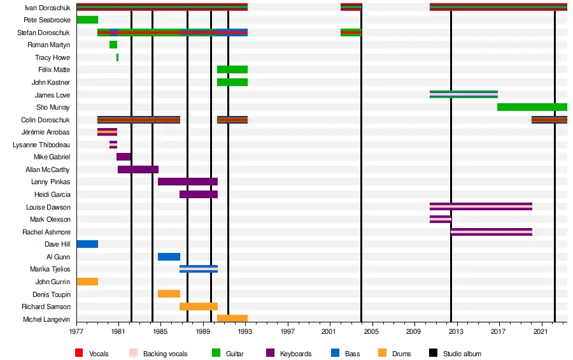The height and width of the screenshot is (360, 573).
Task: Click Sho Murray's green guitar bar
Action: click(532, 107)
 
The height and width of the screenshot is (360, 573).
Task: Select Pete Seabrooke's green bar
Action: click(87, 20)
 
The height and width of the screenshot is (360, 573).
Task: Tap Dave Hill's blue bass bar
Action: click(87, 244)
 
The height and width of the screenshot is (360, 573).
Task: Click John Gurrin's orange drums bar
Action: click(87, 282)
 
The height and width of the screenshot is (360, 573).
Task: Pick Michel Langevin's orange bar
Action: click(232, 319)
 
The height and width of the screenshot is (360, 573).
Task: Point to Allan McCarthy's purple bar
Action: click(138, 169)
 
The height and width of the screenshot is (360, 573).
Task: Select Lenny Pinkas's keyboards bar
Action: click(187, 182)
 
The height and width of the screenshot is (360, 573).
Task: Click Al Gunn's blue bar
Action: click(169, 257)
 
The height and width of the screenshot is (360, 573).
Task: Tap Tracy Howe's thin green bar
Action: click(117, 57)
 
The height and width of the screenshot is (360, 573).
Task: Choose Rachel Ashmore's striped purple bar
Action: click(491, 232)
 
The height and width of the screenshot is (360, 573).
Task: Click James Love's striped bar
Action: click(463, 94)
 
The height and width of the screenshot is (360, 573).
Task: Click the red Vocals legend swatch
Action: click(79, 353)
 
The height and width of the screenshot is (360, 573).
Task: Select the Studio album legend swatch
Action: click(433, 353)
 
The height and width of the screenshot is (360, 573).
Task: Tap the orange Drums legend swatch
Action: click(382, 353)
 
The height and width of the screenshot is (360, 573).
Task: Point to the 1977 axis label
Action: click(76, 332)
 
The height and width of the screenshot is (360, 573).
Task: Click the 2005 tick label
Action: click(371, 332)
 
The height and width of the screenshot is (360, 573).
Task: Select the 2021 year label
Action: click(540, 332)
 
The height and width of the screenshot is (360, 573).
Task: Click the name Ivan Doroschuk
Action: click(47, 8)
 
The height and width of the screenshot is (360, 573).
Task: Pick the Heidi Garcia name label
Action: click(52, 194)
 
